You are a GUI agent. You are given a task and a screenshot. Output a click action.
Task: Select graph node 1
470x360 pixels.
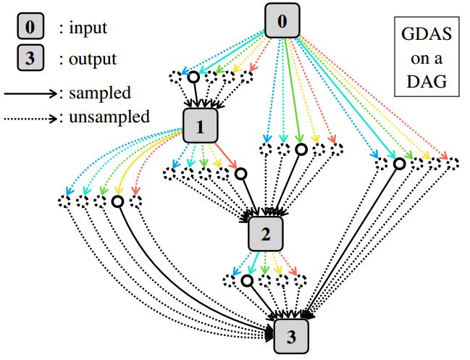(201, 127)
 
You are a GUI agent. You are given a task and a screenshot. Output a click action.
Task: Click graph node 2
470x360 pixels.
(265, 233)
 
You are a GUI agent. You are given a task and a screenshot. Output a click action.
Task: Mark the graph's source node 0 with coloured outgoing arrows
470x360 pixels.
(282, 20)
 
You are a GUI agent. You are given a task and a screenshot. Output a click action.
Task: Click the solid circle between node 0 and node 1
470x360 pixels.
(193, 77)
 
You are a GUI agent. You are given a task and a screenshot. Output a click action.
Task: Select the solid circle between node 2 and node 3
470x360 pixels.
(246, 280)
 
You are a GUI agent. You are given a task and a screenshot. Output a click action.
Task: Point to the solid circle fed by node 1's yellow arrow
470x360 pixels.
(116, 201)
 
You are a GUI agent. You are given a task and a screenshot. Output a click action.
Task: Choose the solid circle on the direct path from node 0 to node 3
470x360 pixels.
(398, 164)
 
